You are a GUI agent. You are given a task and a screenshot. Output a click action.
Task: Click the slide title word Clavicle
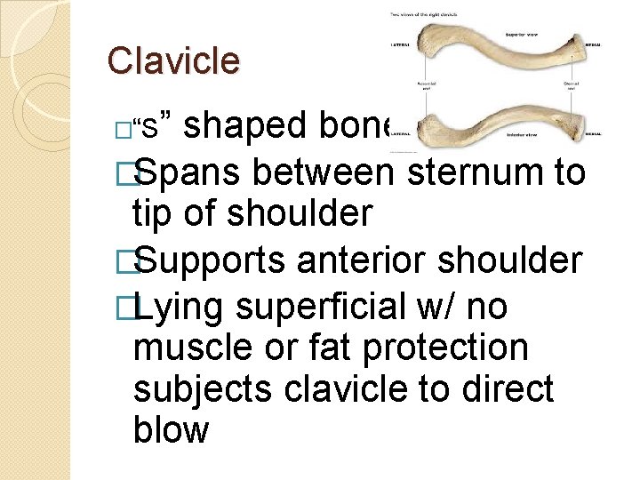point(173,60)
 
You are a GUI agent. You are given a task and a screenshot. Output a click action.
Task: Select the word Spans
point(196,172)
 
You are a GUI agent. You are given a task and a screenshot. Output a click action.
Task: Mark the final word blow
point(171,430)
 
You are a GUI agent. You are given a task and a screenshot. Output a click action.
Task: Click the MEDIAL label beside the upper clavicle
point(591,44)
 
